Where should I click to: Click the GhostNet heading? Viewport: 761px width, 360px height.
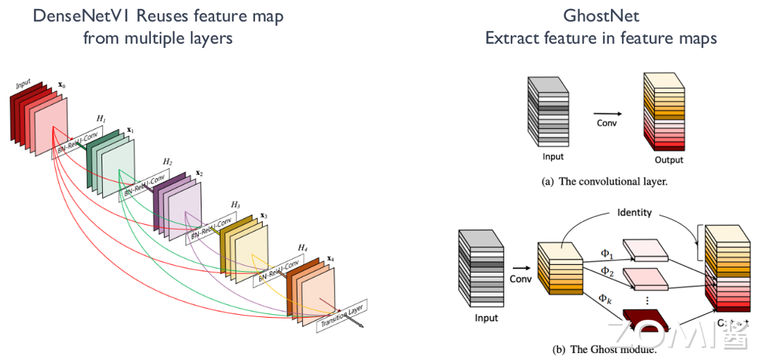click(600, 15)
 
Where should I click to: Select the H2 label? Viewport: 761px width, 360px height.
click(167, 161)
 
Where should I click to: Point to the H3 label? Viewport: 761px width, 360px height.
click(235, 204)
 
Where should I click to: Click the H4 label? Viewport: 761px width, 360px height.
click(302, 247)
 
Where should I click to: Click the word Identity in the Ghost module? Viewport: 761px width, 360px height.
click(634, 212)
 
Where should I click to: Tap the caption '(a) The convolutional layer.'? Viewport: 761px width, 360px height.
click(603, 182)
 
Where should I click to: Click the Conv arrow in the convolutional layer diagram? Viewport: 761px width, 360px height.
click(607, 113)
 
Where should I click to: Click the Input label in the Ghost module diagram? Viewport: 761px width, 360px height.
click(486, 318)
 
